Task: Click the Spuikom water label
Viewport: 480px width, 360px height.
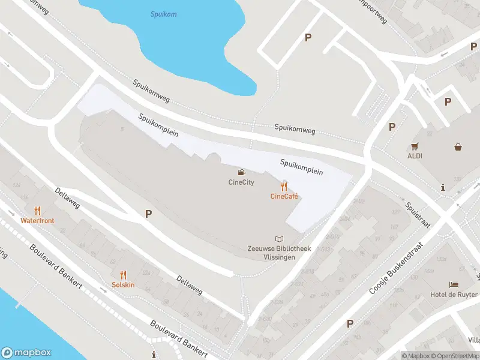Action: coord(164,14)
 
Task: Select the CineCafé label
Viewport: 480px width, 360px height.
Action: coord(284,196)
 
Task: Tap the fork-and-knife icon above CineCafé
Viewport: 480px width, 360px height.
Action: coord(284,187)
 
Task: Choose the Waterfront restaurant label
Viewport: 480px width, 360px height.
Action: coord(37,221)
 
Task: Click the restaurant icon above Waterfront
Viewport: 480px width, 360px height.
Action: coord(37,211)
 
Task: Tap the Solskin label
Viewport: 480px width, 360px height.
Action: coord(123,285)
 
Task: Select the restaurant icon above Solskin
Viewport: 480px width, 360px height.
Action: coord(123,275)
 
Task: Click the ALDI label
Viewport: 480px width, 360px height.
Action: coord(415,156)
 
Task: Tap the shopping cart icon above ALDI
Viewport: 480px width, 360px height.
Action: coord(415,146)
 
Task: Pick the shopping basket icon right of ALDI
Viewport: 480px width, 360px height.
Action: coord(458,146)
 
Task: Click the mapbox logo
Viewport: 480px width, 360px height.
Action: coord(26,353)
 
